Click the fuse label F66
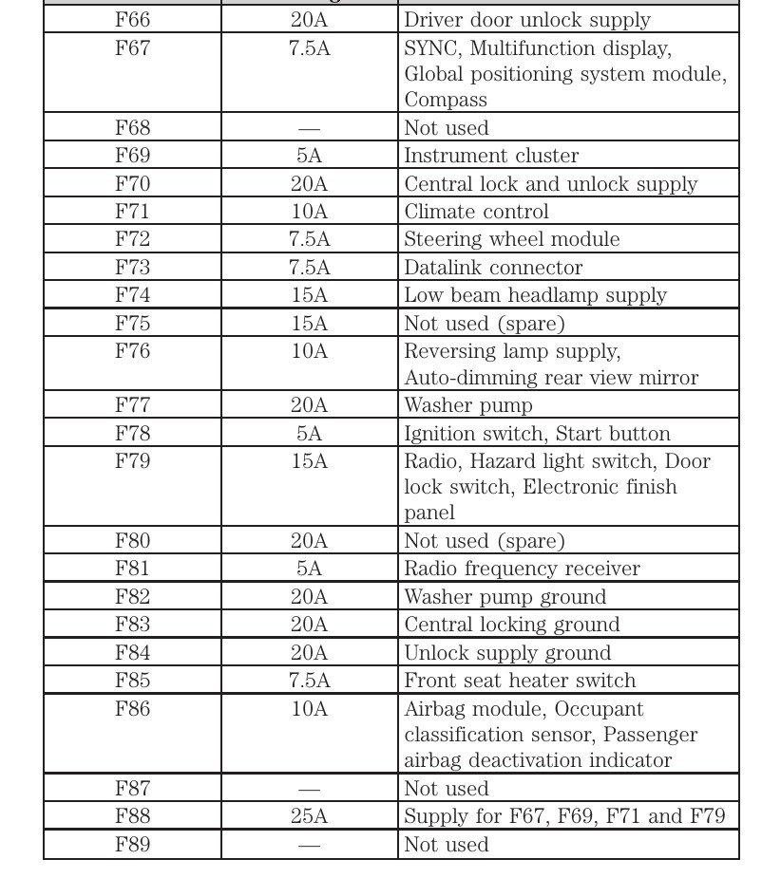pos(132,20)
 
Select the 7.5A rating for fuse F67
pos(309,48)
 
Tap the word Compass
pos(446,100)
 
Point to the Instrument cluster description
pos(491,156)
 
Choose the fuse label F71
pos(132,212)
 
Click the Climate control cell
pos(476,212)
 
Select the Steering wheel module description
pos(511,239)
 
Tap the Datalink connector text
pos(493,268)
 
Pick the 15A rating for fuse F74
pos(309,295)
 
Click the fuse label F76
pos(132,351)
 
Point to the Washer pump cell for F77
pos(467,405)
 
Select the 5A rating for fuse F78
pos(309,434)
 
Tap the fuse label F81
pos(132,569)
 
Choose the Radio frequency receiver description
pos(522,569)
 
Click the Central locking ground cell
pos(511,625)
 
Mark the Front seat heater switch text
pos(520,681)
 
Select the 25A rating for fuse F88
pos(309,816)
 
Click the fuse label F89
pos(132,845)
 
